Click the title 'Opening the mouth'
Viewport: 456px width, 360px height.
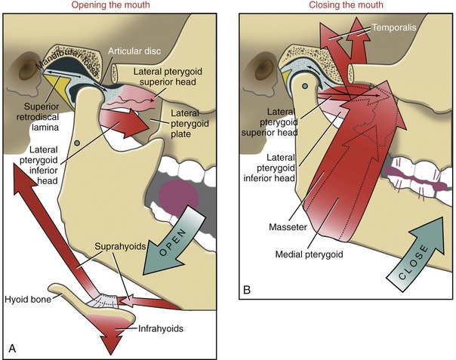pos(115,7)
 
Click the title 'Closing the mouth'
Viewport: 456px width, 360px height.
pos(346,7)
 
